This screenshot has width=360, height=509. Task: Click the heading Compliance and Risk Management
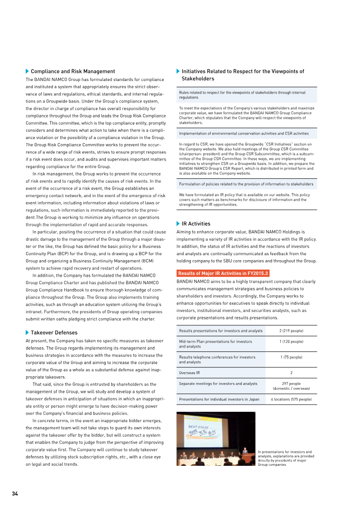72,72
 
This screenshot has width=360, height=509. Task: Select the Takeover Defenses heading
54,333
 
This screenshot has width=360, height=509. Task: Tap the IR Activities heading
196,224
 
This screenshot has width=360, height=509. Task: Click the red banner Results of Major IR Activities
223,273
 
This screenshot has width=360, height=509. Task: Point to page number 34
15,494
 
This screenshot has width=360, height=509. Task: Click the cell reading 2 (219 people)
291,331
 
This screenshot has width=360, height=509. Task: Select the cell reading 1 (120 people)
291,342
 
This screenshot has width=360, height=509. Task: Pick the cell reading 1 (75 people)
291,357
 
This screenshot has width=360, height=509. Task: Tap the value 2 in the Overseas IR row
291,373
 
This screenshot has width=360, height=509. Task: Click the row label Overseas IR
189,373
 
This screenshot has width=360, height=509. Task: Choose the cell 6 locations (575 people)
291,399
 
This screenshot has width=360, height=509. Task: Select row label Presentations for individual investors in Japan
219,399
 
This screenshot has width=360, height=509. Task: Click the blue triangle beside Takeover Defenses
27,333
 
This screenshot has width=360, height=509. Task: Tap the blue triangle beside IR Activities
178,224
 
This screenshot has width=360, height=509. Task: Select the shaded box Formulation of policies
246,184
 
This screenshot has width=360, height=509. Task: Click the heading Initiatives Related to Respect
243,75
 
